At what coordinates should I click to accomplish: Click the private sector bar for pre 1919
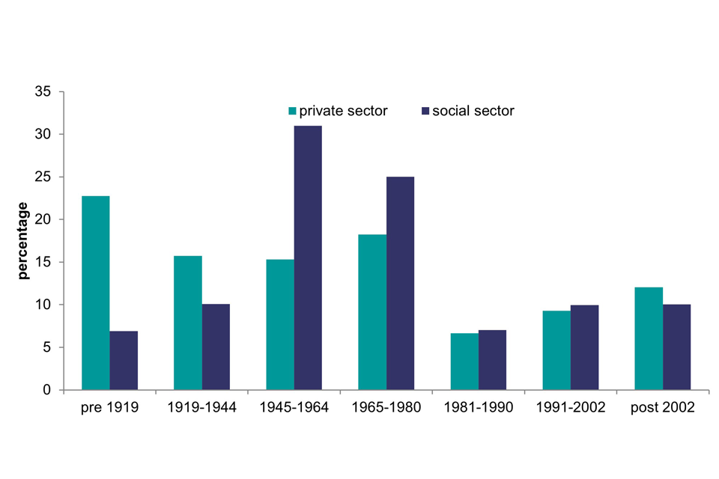click(x=95, y=293)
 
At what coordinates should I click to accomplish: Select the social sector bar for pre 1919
click(x=124, y=360)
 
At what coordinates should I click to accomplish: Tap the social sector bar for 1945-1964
click(x=308, y=257)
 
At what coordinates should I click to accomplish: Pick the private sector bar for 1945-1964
click(x=279, y=324)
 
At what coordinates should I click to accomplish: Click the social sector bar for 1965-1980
click(x=400, y=283)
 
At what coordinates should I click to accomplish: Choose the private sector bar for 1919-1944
click(x=187, y=323)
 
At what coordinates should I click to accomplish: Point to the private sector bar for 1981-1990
click(x=464, y=361)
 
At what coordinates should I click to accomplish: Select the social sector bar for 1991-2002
click(x=584, y=347)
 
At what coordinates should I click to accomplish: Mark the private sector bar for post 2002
click(x=648, y=338)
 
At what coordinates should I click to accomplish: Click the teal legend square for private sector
click(x=293, y=112)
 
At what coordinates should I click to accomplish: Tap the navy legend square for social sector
click(x=425, y=112)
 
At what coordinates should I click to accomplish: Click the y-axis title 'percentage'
click(x=23, y=241)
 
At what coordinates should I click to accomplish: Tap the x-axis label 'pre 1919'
click(x=109, y=409)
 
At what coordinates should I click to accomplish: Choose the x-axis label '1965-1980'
click(x=386, y=409)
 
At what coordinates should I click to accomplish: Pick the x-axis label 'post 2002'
click(x=663, y=409)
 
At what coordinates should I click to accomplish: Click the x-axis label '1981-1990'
click(x=479, y=409)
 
